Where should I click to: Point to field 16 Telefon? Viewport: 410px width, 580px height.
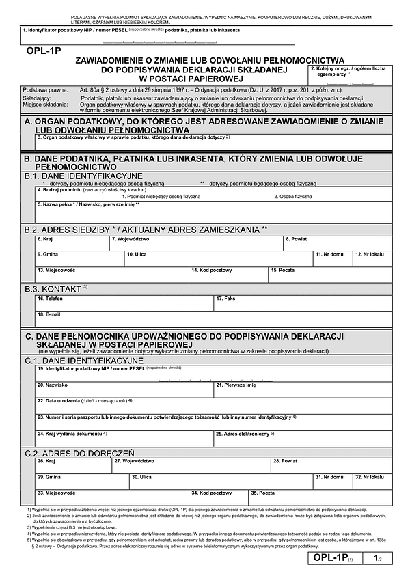point(124,302)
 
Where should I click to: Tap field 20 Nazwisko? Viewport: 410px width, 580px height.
point(124,389)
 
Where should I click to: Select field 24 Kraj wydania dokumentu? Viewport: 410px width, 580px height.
point(124,437)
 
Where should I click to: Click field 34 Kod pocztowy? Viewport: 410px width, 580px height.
point(219,496)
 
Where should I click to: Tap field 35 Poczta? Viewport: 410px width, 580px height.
point(320,496)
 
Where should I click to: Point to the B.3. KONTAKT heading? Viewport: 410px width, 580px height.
point(56,288)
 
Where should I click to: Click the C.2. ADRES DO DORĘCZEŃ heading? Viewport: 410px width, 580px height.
point(79,453)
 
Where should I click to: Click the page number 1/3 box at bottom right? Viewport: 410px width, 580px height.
point(379,559)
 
